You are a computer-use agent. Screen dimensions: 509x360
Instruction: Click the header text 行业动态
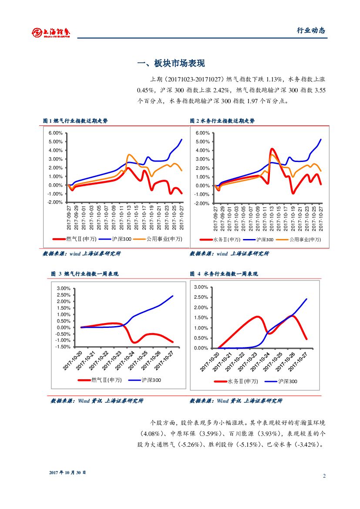[311, 30]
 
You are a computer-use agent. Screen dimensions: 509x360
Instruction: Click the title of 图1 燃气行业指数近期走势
[75, 121]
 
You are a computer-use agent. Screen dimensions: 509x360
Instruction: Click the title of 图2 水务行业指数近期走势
[222, 121]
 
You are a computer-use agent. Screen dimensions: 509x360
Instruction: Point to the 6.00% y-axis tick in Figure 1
[55, 133]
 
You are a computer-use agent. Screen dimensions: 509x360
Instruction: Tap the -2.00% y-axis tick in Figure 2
[202, 203]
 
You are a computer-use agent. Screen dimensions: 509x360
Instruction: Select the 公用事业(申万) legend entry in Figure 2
[305, 239]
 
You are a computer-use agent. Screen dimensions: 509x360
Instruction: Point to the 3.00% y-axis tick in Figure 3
[64, 288]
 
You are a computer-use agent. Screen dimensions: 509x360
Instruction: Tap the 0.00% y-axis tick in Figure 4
[201, 348]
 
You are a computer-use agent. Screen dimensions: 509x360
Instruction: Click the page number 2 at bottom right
[324, 475]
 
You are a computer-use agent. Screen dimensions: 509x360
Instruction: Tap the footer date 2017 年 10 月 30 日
[67, 472]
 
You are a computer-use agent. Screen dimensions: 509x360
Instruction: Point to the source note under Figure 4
[236, 401]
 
